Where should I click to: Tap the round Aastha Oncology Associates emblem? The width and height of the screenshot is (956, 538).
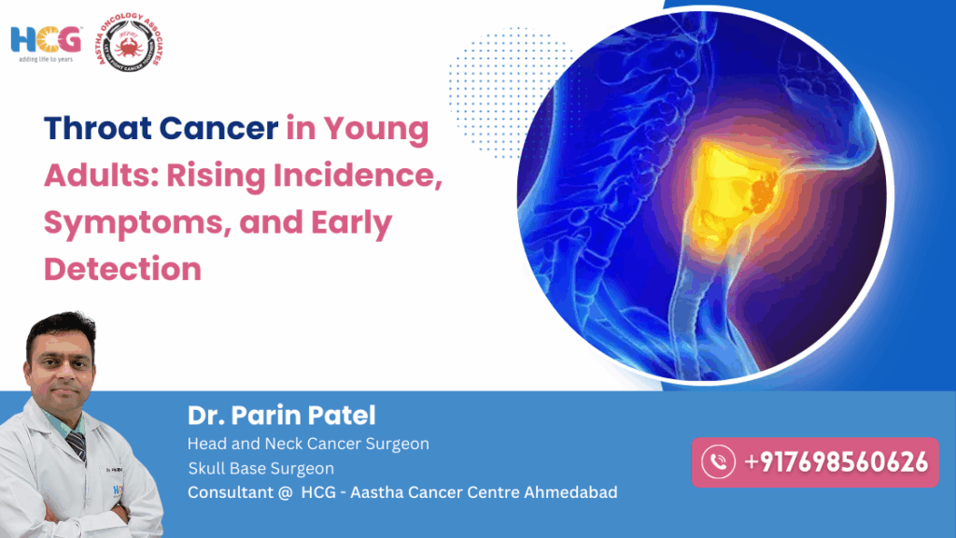pyautogui.click(x=138, y=44)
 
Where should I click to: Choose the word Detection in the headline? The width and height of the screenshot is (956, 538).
pyautogui.click(x=122, y=269)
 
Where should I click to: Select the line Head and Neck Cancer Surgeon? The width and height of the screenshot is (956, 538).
pyautogui.click(x=308, y=444)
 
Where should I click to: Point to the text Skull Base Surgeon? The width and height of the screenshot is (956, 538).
pyautogui.click(x=260, y=468)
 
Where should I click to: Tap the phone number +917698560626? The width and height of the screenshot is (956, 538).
pyautogui.click(x=835, y=461)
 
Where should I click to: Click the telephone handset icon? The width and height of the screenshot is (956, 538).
pyautogui.click(x=718, y=461)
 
